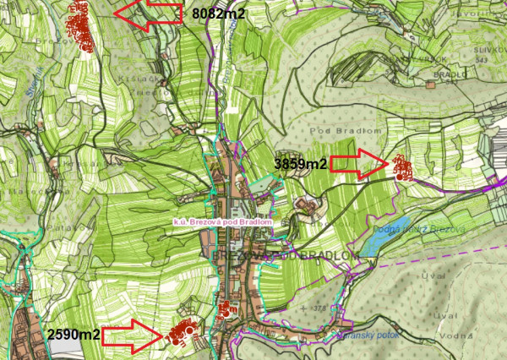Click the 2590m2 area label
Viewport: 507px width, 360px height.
(x=74, y=335)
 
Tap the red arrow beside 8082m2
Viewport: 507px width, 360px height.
(x=149, y=14)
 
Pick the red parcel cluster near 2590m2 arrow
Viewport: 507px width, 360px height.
(x=181, y=332)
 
